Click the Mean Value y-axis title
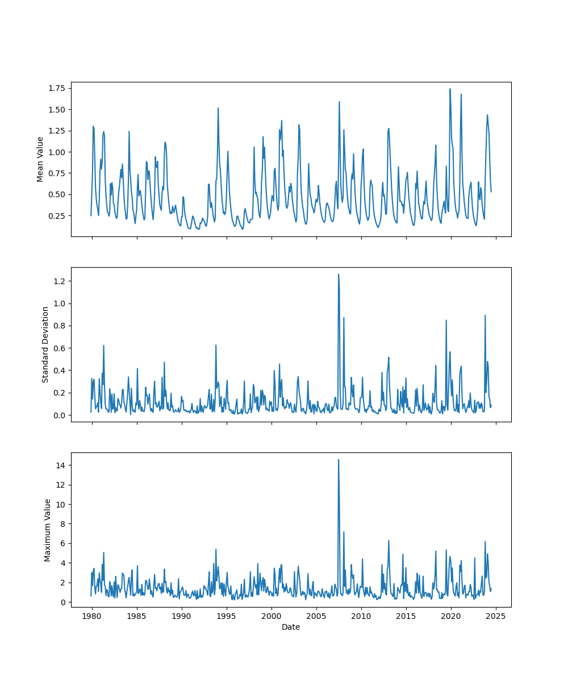pos(40,159)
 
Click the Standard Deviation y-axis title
pos(45,344)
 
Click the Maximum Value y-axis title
pos(48,530)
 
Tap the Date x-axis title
pos(291,627)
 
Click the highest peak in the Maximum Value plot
pos(339,460)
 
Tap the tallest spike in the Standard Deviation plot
pos(339,275)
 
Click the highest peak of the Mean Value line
pos(450,89)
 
